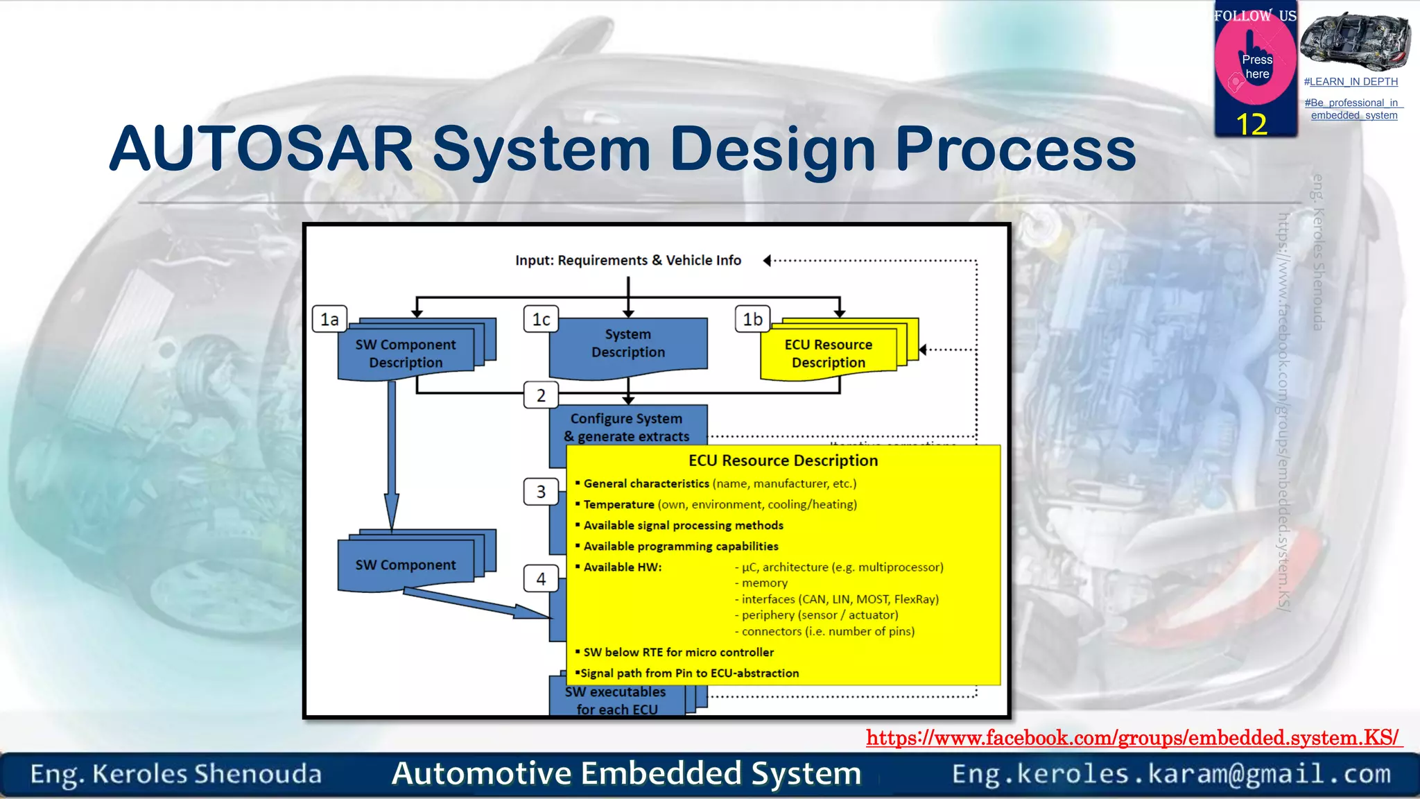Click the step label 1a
[329, 319]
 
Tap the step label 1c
[541, 319]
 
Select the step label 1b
[752, 319]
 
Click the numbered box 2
[541, 395]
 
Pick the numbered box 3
[541, 492]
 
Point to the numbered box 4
[541, 578]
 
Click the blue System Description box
[628, 344]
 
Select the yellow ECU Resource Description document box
[829, 353]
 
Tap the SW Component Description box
[406, 353]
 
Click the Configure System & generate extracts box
[627, 427]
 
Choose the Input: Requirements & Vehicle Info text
[628, 260]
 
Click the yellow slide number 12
[1252, 125]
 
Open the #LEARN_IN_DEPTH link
[1351, 82]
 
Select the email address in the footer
[1171, 773]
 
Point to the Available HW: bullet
[622, 567]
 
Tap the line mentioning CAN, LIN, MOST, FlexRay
[840, 599]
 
